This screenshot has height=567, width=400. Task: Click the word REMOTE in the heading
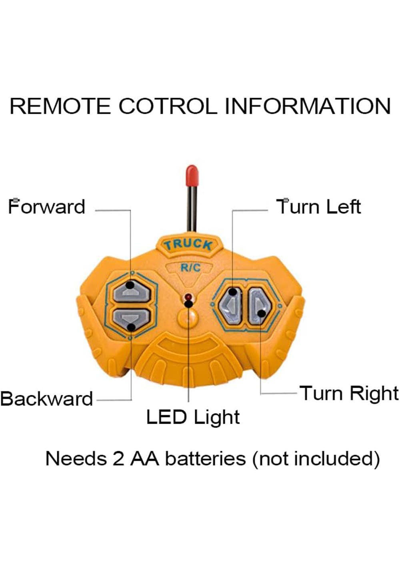[60, 106]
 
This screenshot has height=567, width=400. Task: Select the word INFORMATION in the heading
[308, 106]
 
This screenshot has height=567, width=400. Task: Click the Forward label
[47, 207]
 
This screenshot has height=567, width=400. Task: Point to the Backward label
[47, 399]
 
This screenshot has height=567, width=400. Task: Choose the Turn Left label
[319, 207]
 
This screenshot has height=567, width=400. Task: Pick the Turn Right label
[349, 393]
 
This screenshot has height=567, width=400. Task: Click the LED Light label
[193, 417]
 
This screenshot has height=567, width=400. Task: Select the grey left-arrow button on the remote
[231, 305]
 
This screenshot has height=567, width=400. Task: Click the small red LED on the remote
[188, 297]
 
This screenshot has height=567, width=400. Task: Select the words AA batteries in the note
[188, 458]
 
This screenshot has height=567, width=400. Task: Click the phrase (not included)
[316, 458]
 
